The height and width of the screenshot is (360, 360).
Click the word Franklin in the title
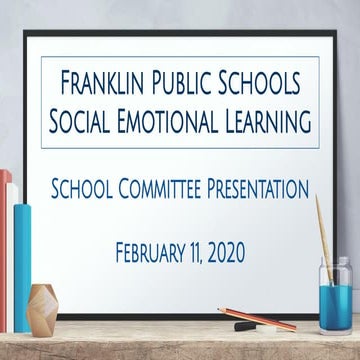coord(108,81)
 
